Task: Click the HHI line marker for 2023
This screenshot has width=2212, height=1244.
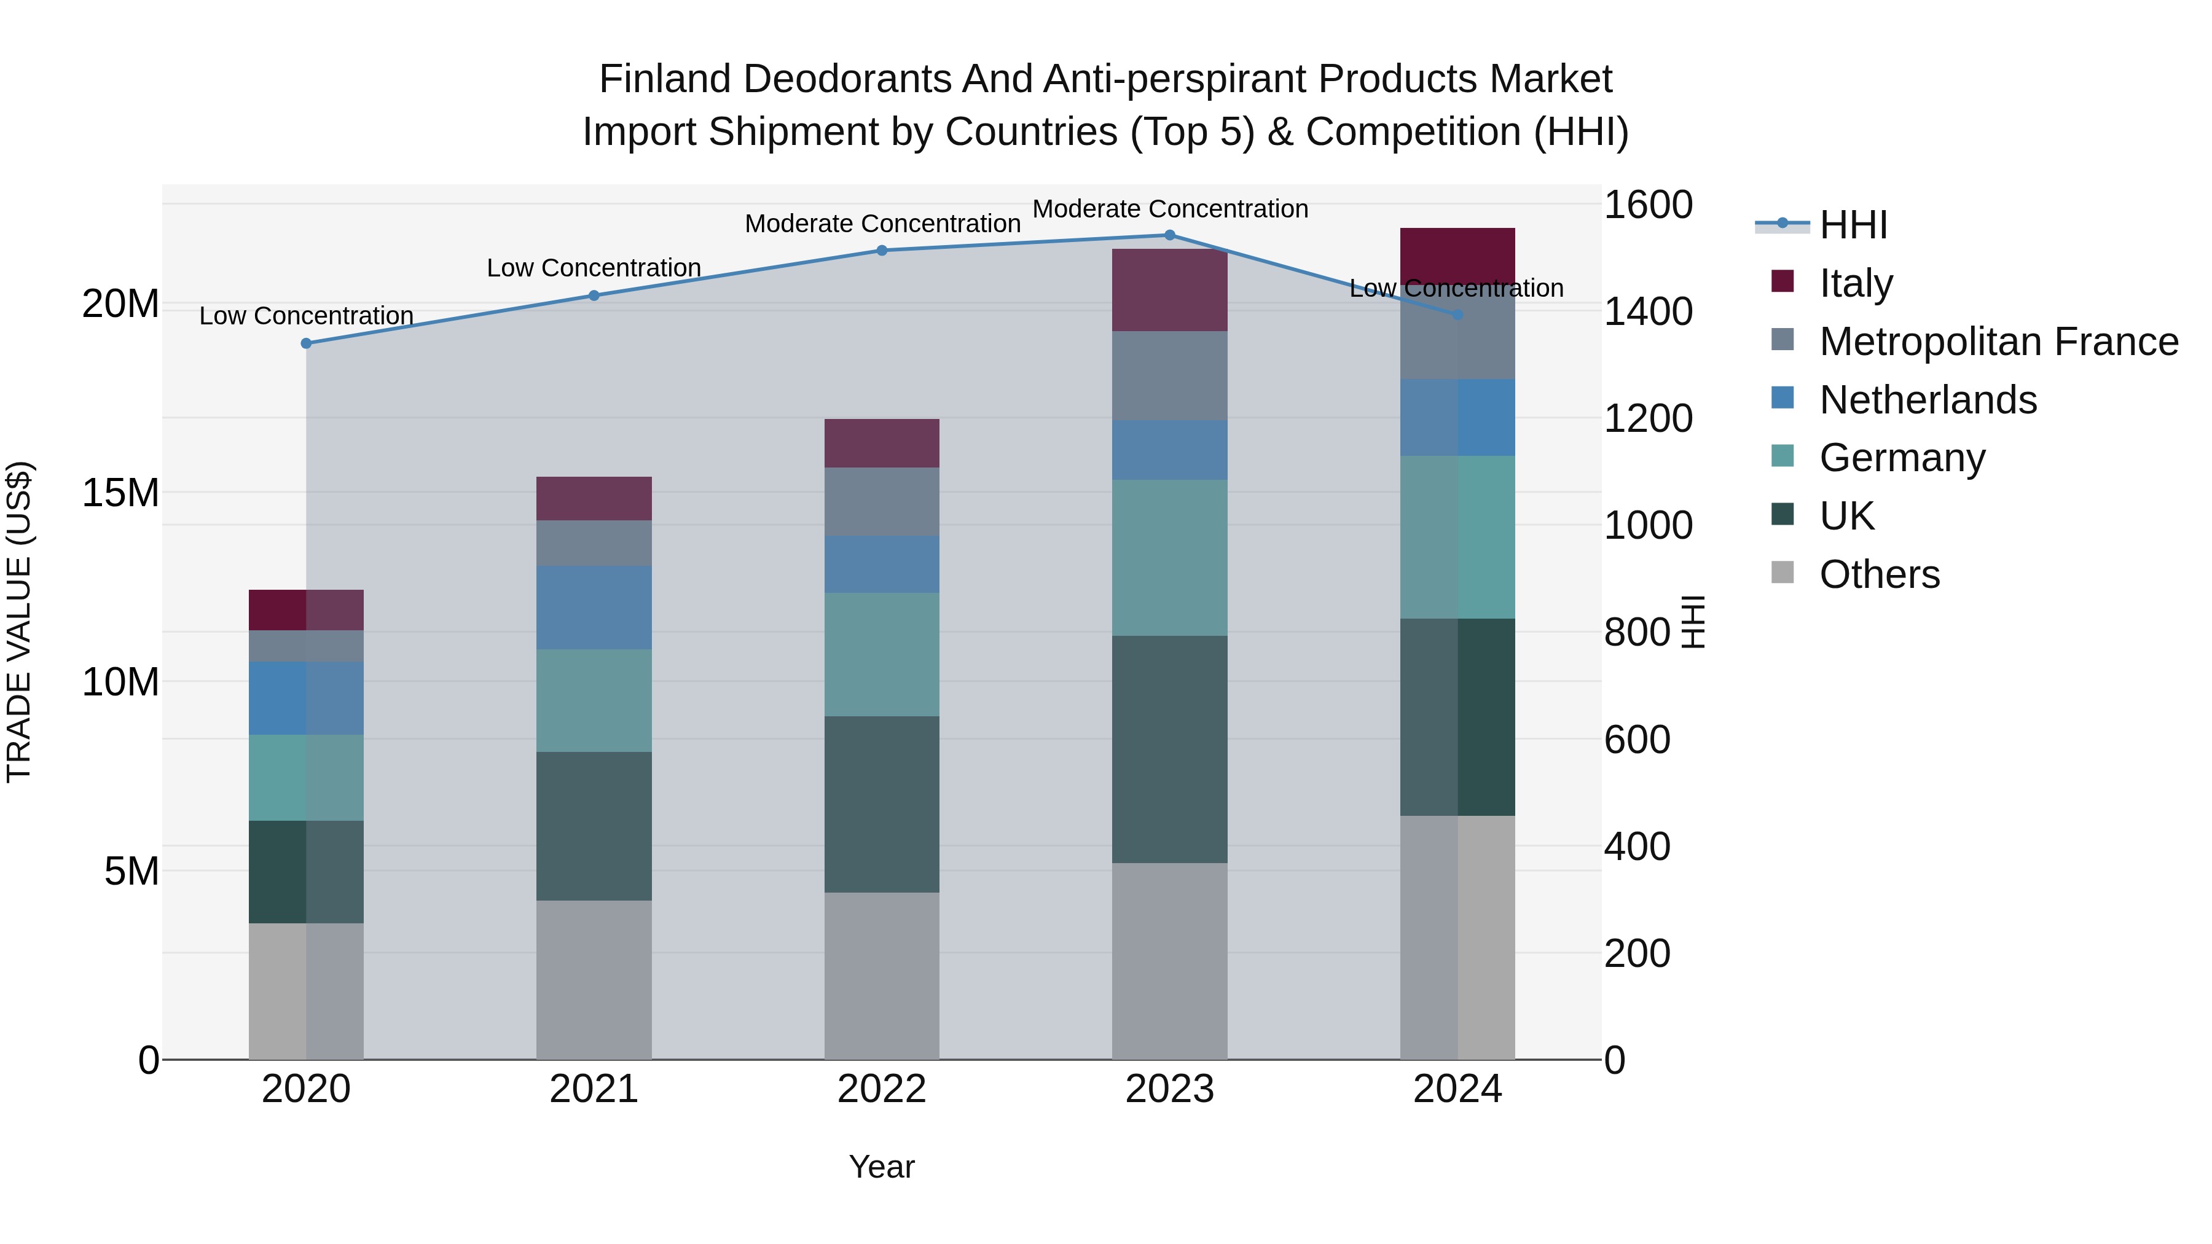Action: tap(1169, 235)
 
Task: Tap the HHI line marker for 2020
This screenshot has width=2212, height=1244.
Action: tap(307, 343)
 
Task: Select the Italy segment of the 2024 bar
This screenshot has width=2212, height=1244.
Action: tap(1457, 256)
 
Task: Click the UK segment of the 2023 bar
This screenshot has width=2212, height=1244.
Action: tap(1169, 749)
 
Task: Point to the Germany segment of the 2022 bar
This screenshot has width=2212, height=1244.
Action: tap(882, 654)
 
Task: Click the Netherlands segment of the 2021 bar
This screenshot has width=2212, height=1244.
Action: tap(594, 607)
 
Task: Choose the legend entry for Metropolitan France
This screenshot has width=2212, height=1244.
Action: tap(1998, 342)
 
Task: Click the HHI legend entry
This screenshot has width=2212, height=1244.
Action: tap(1853, 225)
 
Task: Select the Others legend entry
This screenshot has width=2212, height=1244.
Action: tap(1879, 574)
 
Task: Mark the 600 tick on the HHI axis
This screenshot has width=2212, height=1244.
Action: tap(1637, 739)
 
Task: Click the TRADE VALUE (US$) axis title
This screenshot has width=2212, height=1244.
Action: tap(19, 622)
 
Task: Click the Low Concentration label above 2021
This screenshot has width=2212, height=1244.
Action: tap(594, 268)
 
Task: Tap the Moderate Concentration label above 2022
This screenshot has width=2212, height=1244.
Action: tap(882, 224)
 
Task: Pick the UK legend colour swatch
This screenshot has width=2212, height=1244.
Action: tap(1783, 514)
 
